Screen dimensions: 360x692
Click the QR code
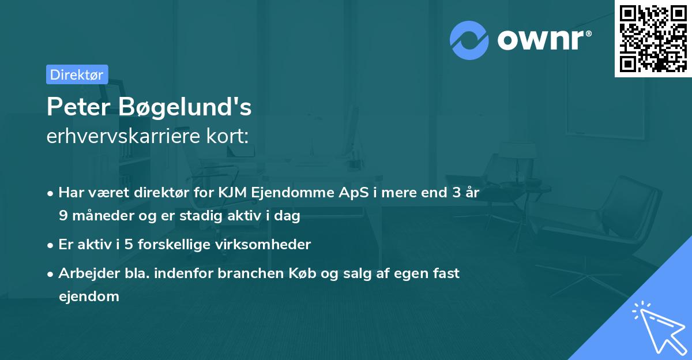tap(653, 38)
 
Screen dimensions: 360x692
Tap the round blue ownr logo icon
tap(469, 40)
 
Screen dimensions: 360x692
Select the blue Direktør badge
tap(77, 74)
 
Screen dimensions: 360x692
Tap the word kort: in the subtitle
tap(230, 136)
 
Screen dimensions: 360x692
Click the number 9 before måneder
tap(62, 216)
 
